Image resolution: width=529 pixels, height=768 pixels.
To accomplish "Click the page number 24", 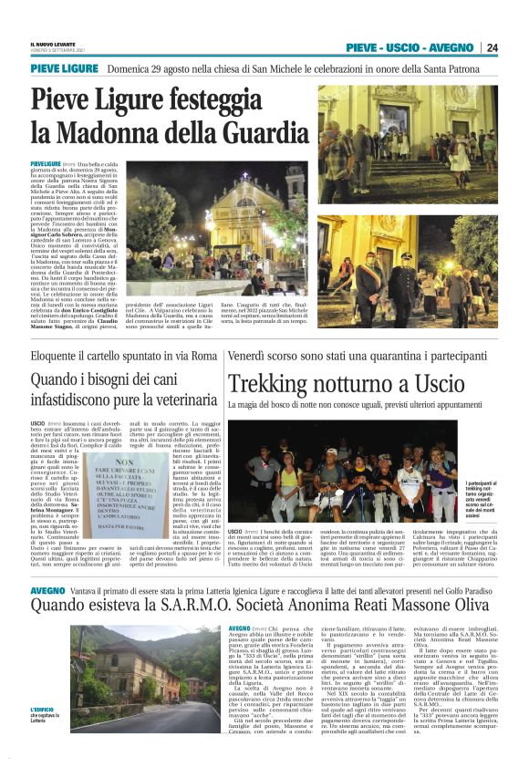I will [x=492, y=47].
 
